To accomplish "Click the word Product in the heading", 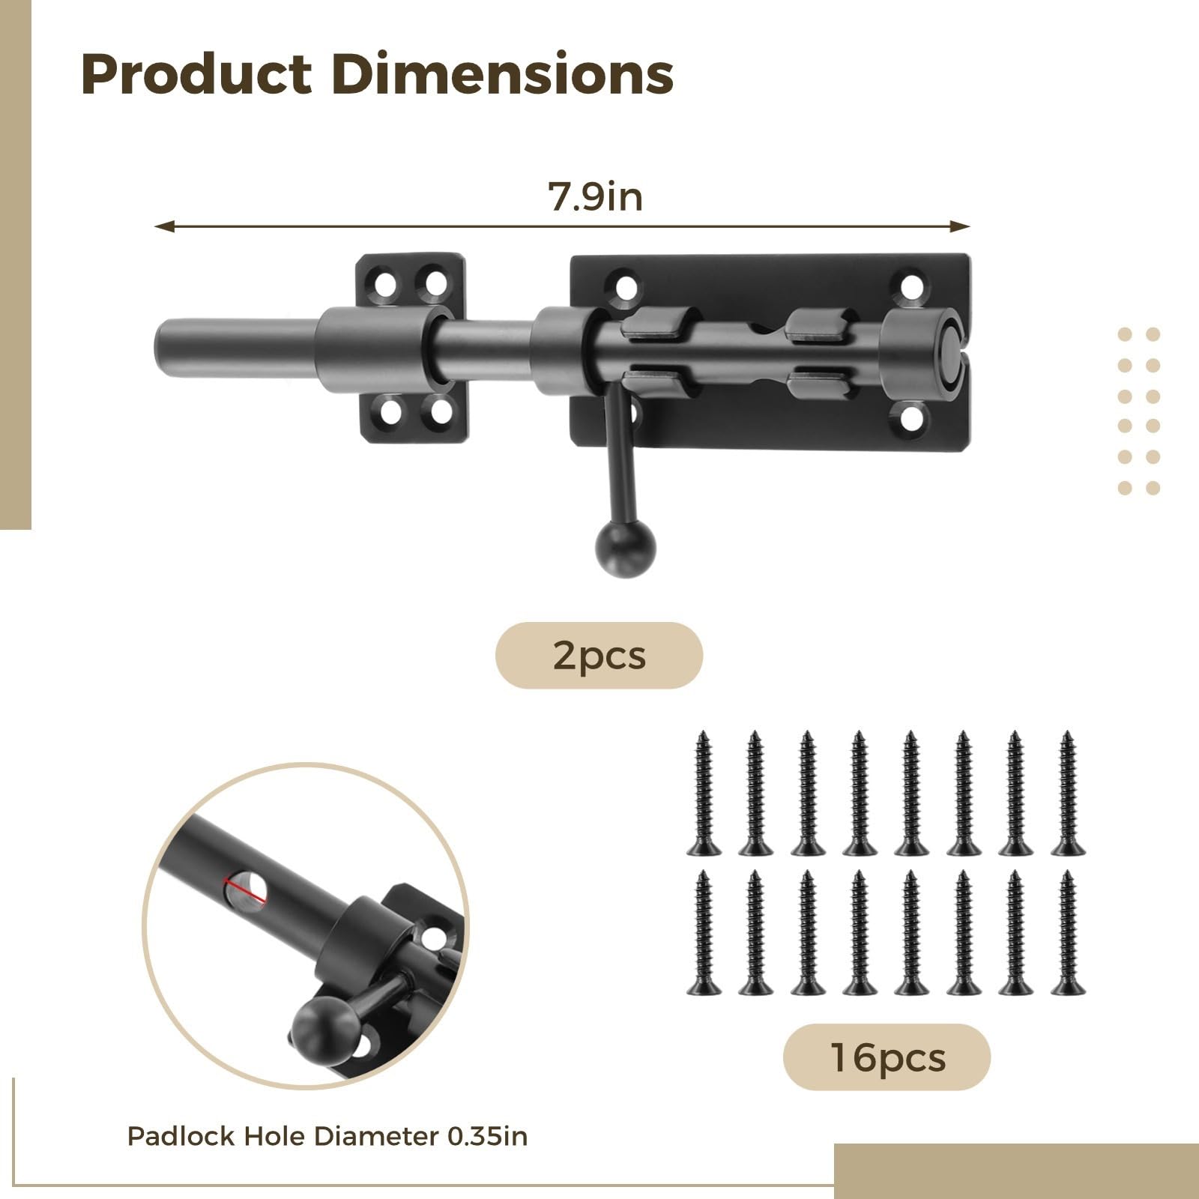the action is coord(196,74).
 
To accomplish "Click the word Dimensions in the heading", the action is coord(503,74).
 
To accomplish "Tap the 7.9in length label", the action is coord(596,197).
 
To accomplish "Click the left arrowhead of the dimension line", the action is coord(164,226).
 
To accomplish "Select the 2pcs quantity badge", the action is coord(599,656).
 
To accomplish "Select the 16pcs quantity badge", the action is coord(887,1057).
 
